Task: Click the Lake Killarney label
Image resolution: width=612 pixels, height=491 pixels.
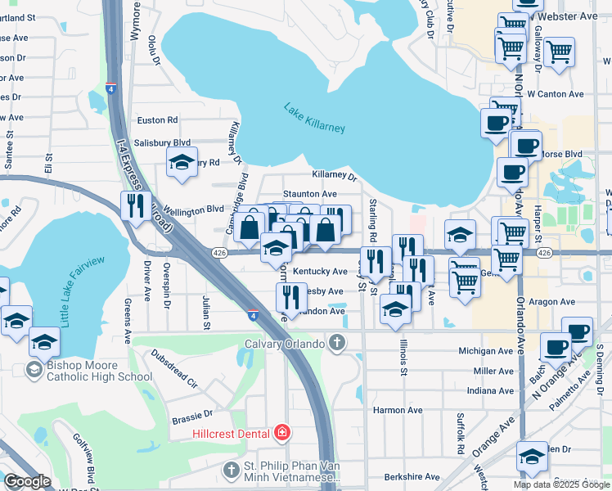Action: [x=315, y=118]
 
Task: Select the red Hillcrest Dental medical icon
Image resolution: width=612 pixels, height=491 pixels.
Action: [x=282, y=432]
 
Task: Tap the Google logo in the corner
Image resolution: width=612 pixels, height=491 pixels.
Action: [x=28, y=481]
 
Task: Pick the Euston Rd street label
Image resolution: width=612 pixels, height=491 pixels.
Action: [x=158, y=119]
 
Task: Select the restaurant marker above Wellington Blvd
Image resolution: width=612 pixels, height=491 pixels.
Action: [x=133, y=205]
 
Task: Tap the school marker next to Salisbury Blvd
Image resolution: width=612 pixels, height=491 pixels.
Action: [x=182, y=161]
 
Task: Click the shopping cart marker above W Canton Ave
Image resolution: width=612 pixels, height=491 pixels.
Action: [x=559, y=51]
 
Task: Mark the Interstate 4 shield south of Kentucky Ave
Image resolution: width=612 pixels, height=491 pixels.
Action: [x=254, y=313]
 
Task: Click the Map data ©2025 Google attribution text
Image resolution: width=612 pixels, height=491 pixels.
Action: [x=560, y=484]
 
